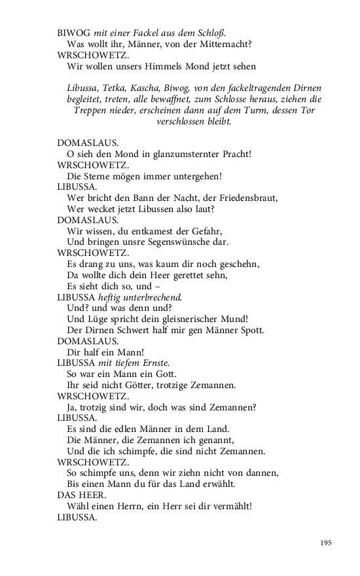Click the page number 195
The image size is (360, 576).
pyautogui.click(x=326, y=543)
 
